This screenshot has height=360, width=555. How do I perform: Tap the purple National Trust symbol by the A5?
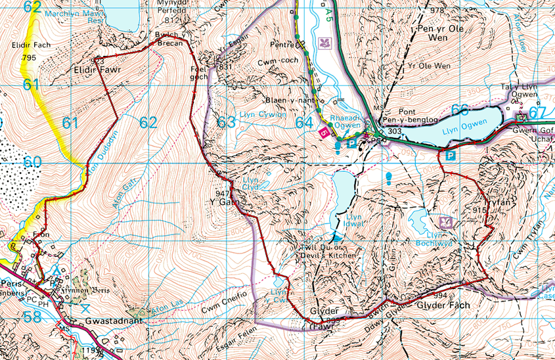pos(324,44)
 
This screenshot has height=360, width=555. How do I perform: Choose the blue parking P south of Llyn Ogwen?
pos(451,156)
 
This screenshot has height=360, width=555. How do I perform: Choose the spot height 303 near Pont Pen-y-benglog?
pos(395,131)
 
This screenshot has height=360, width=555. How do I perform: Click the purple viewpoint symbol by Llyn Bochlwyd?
pos(446,221)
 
